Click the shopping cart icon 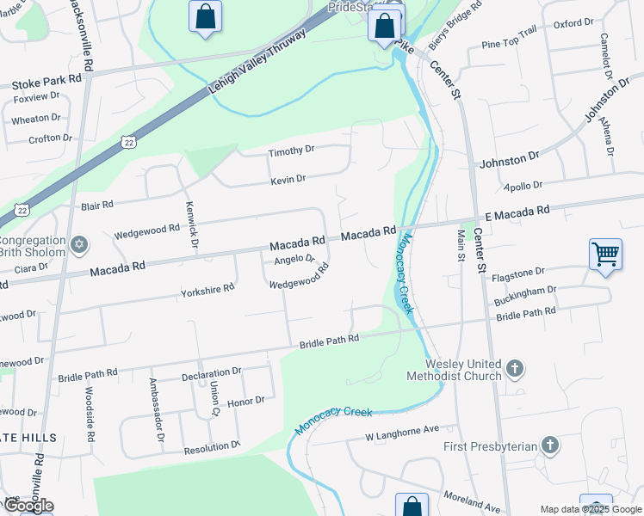[x=606, y=255]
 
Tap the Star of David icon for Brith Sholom [x=79, y=246]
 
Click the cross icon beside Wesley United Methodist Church [x=515, y=370]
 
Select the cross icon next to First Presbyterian [x=550, y=445]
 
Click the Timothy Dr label [x=291, y=150]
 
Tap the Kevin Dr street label [x=288, y=179]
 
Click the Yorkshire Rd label [x=207, y=289]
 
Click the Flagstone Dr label [x=517, y=273]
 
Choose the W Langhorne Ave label [x=401, y=429]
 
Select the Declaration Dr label [x=211, y=372]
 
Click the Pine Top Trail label [x=509, y=43]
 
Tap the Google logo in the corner [x=28, y=506]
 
